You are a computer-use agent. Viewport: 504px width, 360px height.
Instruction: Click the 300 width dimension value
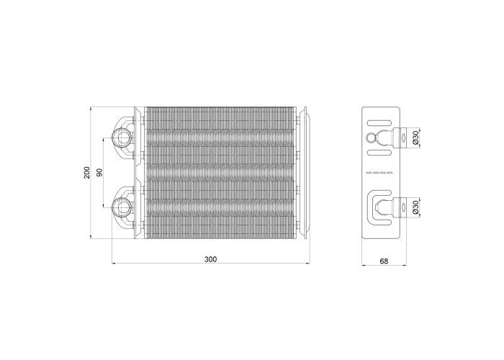tap(210, 259)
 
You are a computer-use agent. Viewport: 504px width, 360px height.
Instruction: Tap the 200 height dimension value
tap(87, 173)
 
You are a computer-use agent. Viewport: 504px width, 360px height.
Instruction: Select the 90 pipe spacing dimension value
tap(99, 173)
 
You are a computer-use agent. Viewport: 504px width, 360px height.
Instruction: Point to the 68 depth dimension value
tap(384, 261)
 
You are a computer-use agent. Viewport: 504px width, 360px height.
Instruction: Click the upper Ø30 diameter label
tap(415, 138)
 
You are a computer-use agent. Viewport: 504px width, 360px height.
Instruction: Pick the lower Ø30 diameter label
tap(415, 207)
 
